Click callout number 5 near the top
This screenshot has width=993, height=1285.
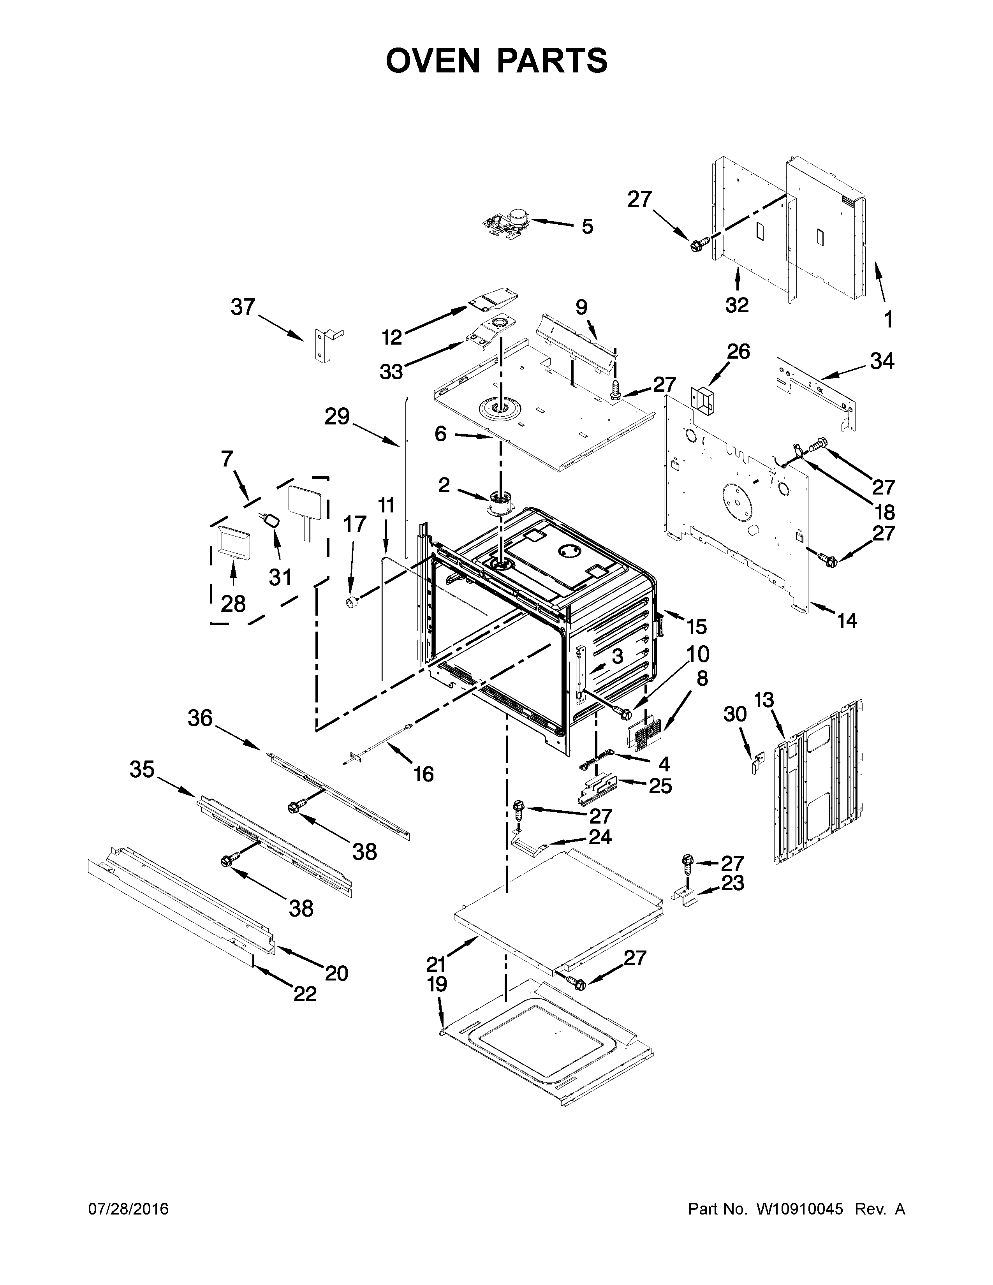(587, 227)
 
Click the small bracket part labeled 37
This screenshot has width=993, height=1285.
(324, 345)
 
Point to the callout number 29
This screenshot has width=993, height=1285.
(337, 417)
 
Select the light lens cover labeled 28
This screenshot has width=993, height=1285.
(233, 542)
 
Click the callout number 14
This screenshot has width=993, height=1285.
(847, 620)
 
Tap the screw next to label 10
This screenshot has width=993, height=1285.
(623, 713)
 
